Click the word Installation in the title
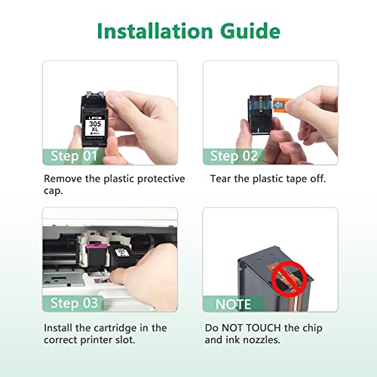click(x=155, y=31)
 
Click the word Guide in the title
click(x=250, y=31)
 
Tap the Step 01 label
click(x=74, y=156)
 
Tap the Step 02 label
click(x=234, y=156)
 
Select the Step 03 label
click(x=74, y=303)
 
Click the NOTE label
click(x=233, y=305)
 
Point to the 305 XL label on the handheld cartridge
click(x=95, y=127)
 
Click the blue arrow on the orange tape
click(x=277, y=104)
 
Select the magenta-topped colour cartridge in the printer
click(x=96, y=256)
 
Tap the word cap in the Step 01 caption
click(x=53, y=191)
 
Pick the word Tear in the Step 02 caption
click(x=220, y=179)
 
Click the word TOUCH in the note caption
click(x=263, y=328)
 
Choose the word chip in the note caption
click(x=312, y=328)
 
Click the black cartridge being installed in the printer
click(x=122, y=258)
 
